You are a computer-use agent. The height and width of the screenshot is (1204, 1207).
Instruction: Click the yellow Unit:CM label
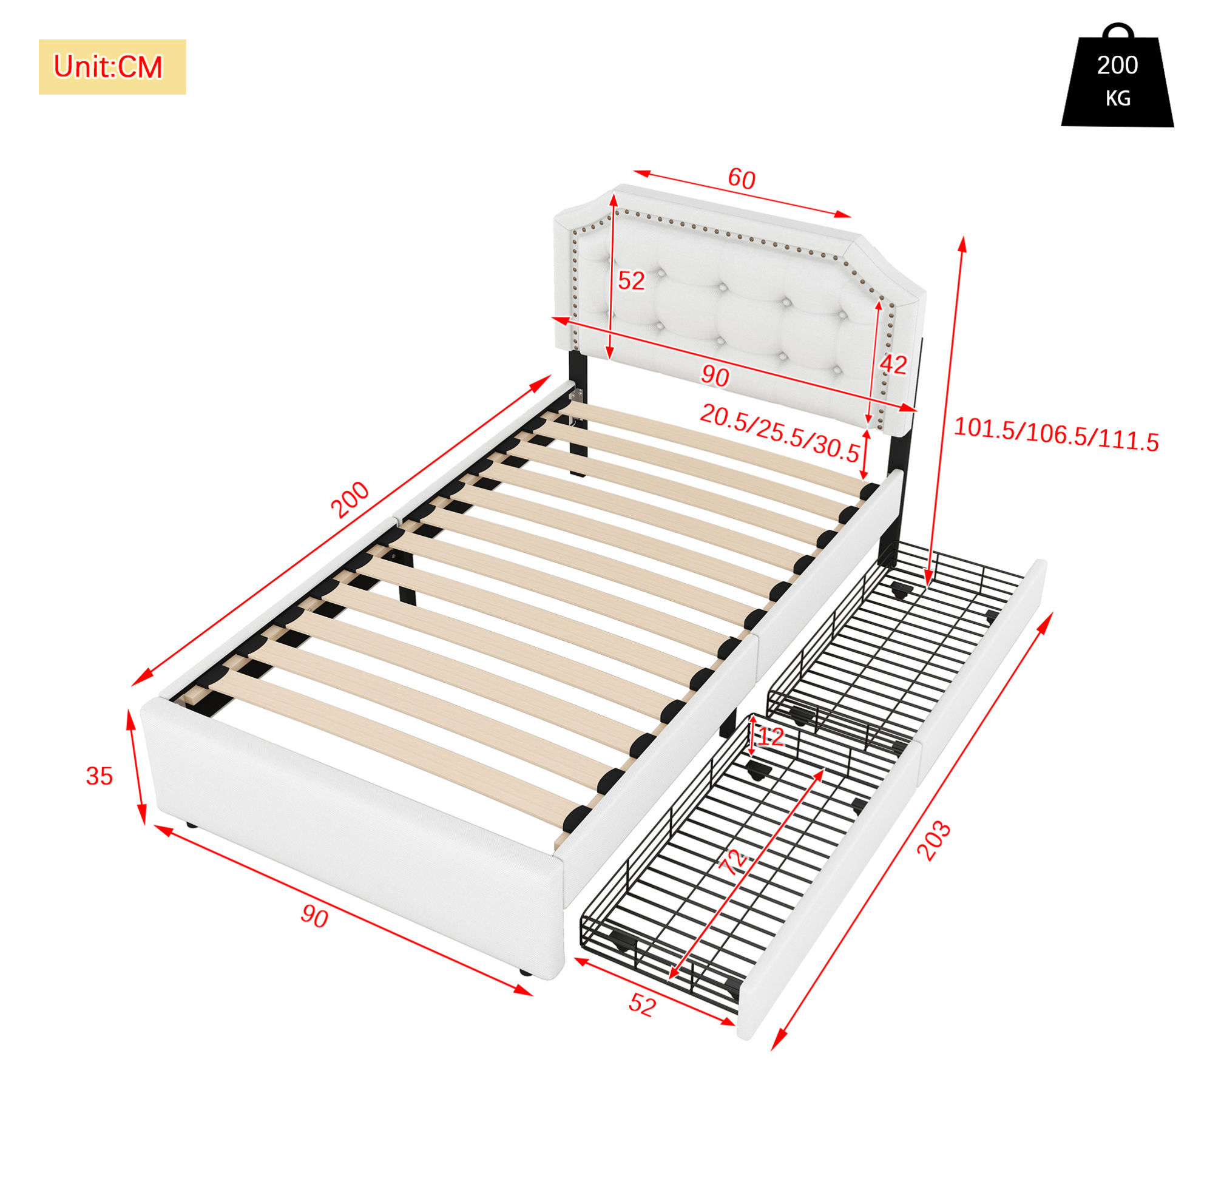coord(112,67)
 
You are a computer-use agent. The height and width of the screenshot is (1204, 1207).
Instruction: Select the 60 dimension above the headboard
coord(742,178)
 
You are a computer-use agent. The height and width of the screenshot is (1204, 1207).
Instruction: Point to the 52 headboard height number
coord(631,281)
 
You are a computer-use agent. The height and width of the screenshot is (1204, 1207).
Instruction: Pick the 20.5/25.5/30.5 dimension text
coord(779,432)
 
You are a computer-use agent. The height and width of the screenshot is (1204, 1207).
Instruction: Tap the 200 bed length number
coord(351,500)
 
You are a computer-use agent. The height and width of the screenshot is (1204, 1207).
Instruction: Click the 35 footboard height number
coord(100,776)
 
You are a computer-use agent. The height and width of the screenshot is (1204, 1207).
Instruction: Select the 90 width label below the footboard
coord(314,916)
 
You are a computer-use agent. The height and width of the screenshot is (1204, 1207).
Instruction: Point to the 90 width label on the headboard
coord(715,376)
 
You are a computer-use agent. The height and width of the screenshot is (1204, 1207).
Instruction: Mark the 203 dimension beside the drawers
coord(933,841)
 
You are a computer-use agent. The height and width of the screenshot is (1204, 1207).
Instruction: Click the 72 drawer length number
coord(732,862)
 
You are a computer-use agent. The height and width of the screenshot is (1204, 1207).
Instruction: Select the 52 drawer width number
coord(642,1004)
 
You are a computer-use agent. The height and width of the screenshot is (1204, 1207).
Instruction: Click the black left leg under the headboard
coord(578,413)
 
